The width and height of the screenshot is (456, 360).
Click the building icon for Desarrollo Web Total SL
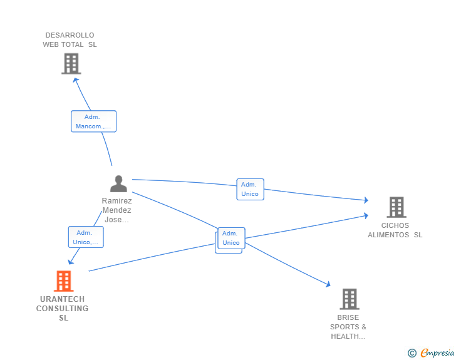pos(71,64)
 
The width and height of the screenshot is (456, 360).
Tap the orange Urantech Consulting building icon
pos(63,281)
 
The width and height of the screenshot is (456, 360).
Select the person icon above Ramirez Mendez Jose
pos(118,184)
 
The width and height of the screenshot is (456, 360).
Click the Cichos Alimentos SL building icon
pos(396,207)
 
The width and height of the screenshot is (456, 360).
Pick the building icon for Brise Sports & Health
pos(350,299)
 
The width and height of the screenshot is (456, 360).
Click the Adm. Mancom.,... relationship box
pos(93,121)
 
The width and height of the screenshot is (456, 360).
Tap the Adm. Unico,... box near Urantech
pos(86,237)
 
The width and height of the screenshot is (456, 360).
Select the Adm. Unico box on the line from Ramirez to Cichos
pos(250,189)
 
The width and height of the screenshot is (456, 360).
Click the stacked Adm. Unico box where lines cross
pos(231,239)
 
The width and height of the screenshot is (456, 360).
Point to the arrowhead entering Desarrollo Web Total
pos(75,79)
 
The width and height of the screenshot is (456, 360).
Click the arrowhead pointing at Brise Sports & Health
pos(328,284)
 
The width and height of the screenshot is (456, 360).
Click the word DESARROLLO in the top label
pos(70,35)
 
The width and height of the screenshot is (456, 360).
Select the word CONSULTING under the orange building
pos(62,309)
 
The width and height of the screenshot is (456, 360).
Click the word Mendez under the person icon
pos(117,210)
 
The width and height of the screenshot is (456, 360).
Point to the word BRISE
pos(348,317)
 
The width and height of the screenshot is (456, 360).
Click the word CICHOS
pos(395,225)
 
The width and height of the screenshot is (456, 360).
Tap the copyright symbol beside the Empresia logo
pos(412,354)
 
